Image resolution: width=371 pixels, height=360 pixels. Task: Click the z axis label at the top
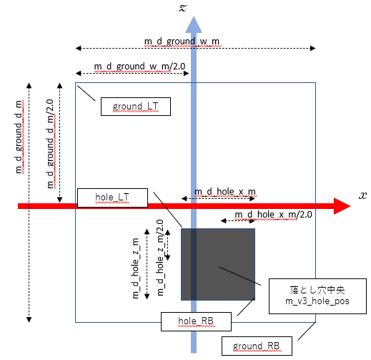(191, 8)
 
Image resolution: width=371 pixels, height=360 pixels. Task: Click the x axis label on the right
(363, 195)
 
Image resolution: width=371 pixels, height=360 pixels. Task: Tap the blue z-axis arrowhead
(192, 25)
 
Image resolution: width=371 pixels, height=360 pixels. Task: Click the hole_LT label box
(112, 197)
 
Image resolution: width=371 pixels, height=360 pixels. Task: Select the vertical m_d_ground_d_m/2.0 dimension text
(50, 143)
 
